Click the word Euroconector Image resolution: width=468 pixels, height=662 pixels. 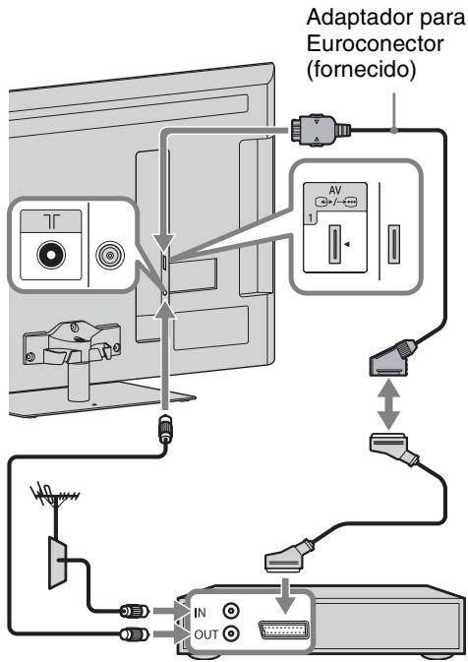coord(375,43)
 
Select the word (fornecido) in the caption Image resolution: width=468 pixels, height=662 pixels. coord(361,69)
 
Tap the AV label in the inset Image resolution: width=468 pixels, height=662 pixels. coord(334,190)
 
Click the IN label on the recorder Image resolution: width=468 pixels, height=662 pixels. coord(200,612)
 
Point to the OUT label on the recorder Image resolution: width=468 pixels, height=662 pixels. coord(205,634)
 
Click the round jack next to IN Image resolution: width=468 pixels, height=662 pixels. coord(231,611)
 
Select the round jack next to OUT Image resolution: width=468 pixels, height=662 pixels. coord(231,633)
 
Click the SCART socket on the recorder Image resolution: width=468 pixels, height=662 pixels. coord(283,631)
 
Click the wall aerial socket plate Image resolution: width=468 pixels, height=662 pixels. coord(57,563)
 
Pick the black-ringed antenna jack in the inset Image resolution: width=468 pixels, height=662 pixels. coord(51,255)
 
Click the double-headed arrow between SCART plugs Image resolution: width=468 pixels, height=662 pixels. coord(388,403)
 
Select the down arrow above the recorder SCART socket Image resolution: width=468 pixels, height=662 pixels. coord(286,595)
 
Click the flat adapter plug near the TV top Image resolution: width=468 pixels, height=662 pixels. coord(320,130)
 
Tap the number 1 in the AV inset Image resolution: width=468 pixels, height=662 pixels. coord(310,219)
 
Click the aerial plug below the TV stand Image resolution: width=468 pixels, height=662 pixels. coord(165,430)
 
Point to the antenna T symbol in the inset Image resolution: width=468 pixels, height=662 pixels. coord(51,221)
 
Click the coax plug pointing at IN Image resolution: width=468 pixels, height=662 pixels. coord(134,611)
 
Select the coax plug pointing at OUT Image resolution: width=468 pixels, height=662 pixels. coord(134,633)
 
